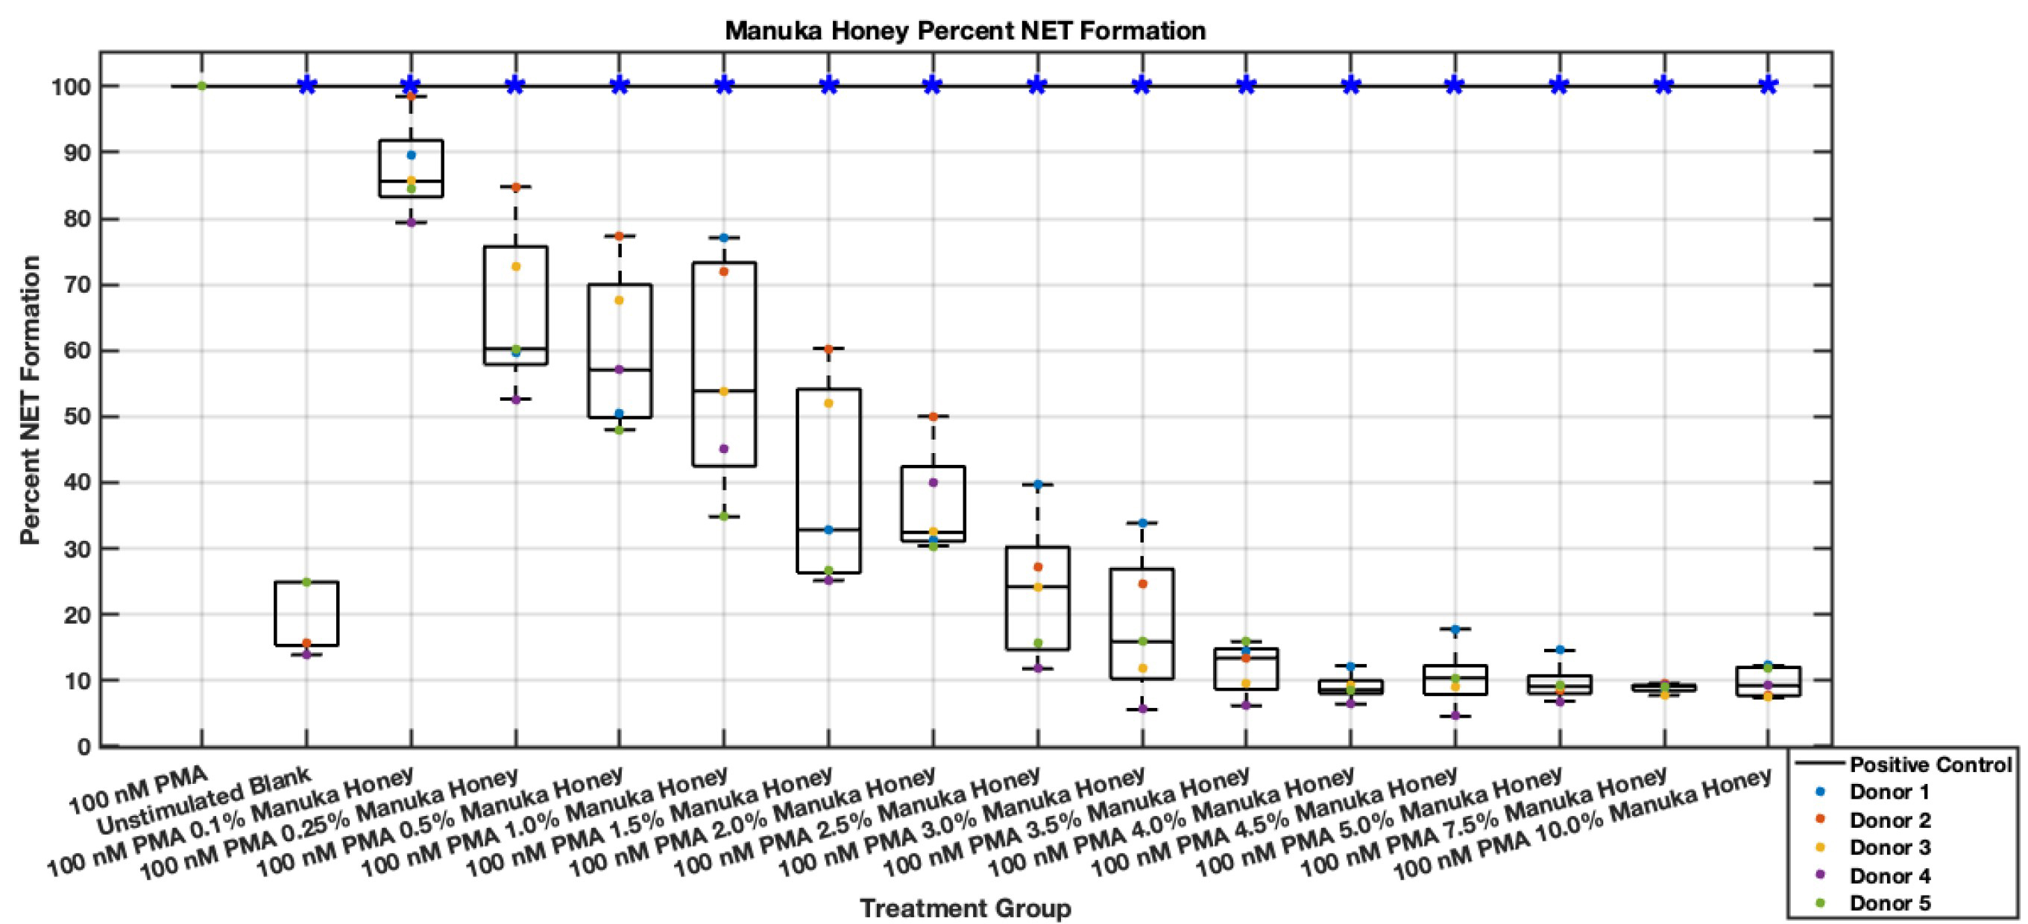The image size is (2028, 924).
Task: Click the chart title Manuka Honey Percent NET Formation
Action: coord(966,31)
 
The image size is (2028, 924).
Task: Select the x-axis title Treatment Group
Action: coord(966,908)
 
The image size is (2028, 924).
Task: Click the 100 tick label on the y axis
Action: coord(69,86)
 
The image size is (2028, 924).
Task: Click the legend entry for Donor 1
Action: coord(1889,792)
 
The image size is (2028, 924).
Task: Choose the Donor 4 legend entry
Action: coord(1889,876)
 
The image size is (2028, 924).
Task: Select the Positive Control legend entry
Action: coord(1929,765)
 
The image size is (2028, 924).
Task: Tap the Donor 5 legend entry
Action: coord(1889,902)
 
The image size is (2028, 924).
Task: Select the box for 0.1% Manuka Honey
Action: coord(411,168)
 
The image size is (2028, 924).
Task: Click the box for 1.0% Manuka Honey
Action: coord(723,364)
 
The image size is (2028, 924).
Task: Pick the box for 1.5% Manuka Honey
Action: coord(828,481)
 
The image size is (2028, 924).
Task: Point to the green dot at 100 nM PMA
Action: coord(201,86)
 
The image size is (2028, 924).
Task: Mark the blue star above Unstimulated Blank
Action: coord(307,86)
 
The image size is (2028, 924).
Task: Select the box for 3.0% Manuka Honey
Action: coord(1141,624)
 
